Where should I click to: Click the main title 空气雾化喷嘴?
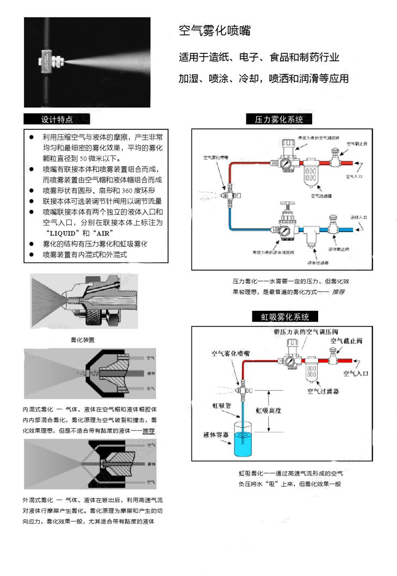click(x=215, y=31)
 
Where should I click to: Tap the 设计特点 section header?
click(x=57, y=120)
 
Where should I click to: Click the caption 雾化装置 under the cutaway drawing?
click(x=83, y=340)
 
